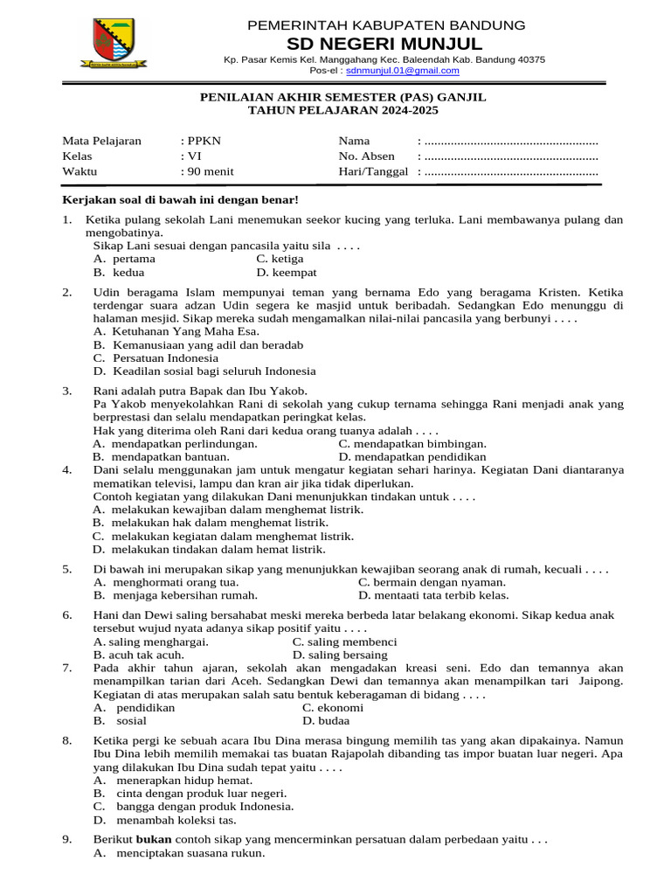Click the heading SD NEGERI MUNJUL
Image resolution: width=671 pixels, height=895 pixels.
pyautogui.click(x=386, y=44)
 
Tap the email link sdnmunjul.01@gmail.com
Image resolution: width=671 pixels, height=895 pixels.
pyautogui.click(x=402, y=71)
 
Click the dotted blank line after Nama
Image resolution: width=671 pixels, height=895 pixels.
pyautogui.click(x=509, y=141)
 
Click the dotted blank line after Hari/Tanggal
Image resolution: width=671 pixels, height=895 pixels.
pyautogui.click(x=509, y=171)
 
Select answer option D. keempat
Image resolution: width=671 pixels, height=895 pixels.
pyautogui.click(x=287, y=273)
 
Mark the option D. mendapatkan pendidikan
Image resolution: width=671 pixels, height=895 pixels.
pyautogui.click(x=412, y=456)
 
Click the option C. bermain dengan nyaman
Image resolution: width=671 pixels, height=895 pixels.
pyautogui.click(x=432, y=582)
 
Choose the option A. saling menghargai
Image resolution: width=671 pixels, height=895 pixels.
pyautogui.click(x=151, y=642)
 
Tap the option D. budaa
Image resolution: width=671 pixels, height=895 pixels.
pyautogui.click(x=325, y=721)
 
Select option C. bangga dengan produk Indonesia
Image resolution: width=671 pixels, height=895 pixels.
pyautogui.click(x=194, y=807)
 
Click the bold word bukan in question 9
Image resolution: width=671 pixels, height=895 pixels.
pyautogui.click(x=153, y=839)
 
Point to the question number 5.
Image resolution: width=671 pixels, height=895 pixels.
pyautogui.click(x=66, y=569)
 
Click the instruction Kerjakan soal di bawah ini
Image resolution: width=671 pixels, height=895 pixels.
pyautogui.click(x=180, y=200)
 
